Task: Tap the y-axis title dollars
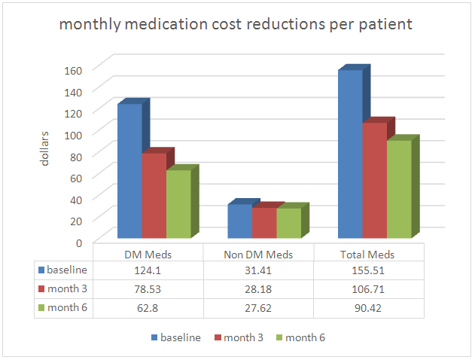point(44,148)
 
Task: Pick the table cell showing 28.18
point(259,288)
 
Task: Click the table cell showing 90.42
point(370,307)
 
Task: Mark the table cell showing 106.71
point(370,288)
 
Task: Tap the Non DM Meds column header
point(259,255)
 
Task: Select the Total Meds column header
point(370,255)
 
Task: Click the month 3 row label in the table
point(67,288)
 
